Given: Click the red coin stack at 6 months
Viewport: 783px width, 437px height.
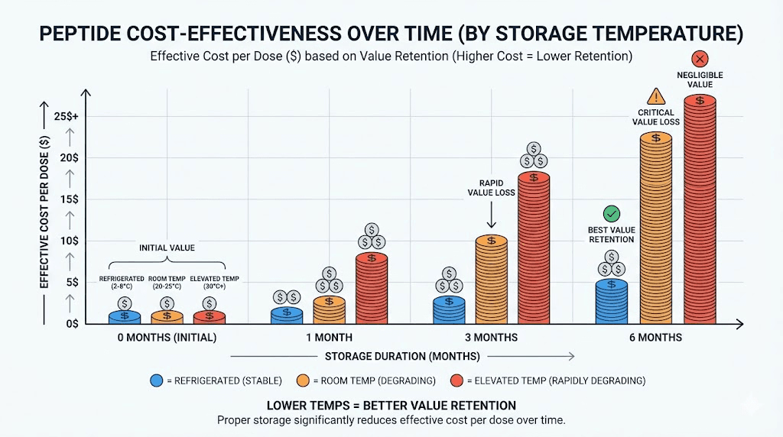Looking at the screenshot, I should click(700, 210).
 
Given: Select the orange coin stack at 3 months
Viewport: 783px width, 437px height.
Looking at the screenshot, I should click(491, 279).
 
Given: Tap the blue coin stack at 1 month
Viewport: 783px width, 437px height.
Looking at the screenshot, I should click(287, 316).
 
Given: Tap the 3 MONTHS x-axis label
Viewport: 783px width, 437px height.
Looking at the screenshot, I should click(490, 338).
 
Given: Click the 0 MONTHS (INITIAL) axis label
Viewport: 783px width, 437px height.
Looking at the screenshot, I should click(167, 338).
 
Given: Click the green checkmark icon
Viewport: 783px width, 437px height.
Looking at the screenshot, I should click(611, 214).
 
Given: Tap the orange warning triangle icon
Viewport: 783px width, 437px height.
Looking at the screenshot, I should click(655, 96).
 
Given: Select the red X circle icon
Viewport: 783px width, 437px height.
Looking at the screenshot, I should click(700, 59).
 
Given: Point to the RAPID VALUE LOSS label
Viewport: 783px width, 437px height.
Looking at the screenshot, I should click(491, 188).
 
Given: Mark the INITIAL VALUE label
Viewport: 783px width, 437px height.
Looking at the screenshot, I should click(167, 248).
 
